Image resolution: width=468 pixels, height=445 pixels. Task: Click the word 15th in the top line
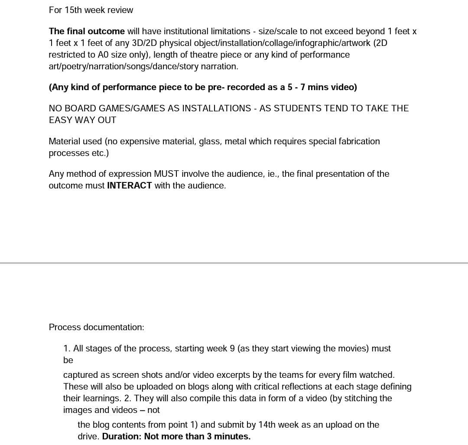(73, 10)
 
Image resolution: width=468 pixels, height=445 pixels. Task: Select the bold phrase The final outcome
(87, 31)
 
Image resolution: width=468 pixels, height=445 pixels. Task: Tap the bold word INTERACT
(129, 185)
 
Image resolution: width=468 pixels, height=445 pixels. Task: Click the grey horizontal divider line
(234, 263)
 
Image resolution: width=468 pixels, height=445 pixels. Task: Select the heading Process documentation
(96, 327)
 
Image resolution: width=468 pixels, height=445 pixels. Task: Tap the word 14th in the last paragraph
(267, 425)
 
